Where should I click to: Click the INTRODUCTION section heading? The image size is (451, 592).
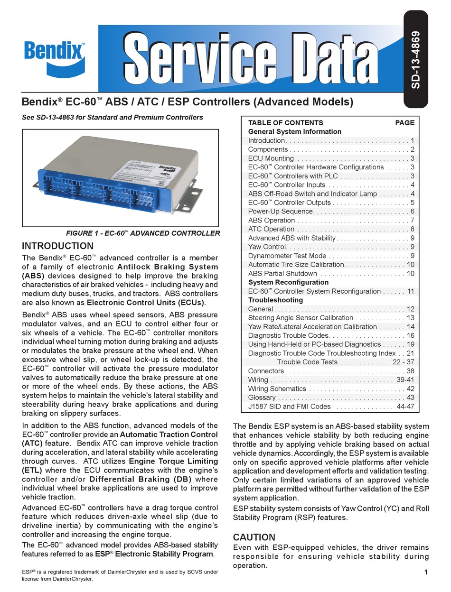(x=58, y=246)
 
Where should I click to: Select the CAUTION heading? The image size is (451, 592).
(x=254, y=537)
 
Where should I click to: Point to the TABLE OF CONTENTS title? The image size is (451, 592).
(x=285, y=122)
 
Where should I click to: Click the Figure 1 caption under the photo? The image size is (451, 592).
(x=142, y=233)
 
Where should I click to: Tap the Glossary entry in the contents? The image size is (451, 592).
(x=262, y=398)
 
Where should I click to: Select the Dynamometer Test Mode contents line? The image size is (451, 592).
(x=287, y=256)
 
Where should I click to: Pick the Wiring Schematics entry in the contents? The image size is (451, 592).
(x=277, y=388)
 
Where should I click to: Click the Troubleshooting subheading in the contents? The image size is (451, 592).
(x=275, y=300)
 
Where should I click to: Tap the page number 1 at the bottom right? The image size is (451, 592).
(x=426, y=573)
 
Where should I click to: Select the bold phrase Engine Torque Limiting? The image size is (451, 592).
(x=174, y=461)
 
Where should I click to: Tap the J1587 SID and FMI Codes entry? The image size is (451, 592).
(x=289, y=407)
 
